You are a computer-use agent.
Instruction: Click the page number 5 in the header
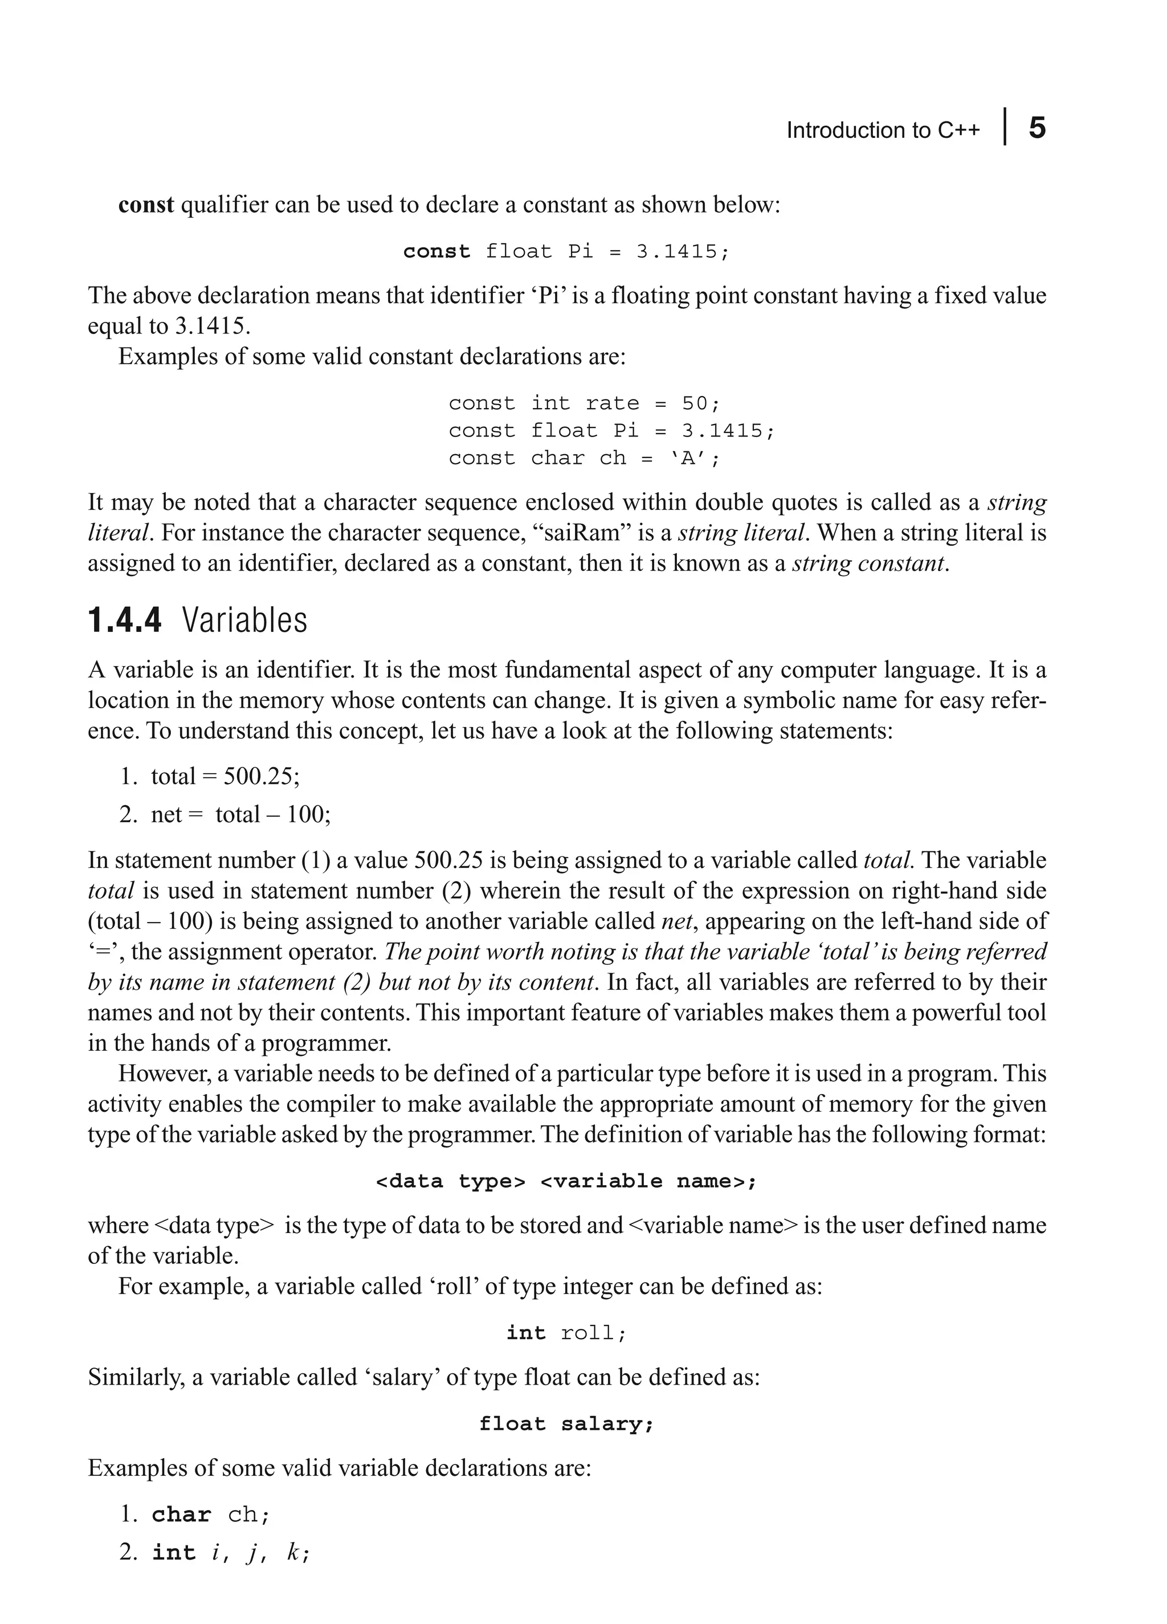click(1037, 128)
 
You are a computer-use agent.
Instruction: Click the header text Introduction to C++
click(883, 130)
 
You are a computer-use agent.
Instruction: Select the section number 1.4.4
click(125, 620)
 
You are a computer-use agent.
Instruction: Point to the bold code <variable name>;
click(648, 1181)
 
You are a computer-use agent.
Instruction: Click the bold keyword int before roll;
click(525, 1333)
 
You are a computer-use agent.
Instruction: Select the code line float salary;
click(566, 1424)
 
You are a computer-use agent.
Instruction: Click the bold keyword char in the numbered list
click(181, 1515)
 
